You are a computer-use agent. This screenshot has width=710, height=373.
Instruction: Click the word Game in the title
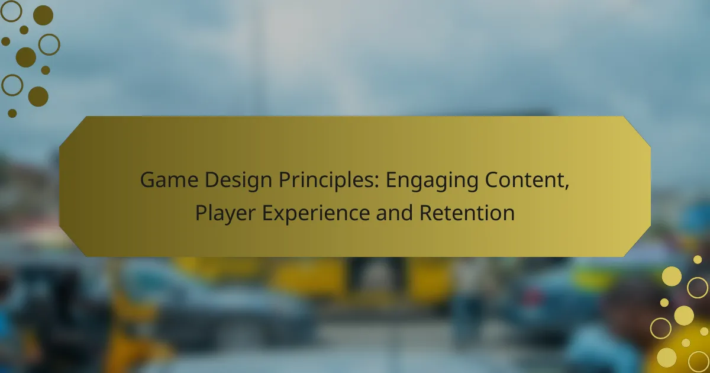[x=169, y=179]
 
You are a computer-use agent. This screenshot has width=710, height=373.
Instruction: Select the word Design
[x=238, y=181]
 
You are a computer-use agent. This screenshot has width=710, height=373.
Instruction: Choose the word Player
[x=225, y=213]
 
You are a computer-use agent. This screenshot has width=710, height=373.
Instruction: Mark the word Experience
[x=316, y=213]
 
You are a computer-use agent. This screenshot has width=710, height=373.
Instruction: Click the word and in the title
[x=394, y=213]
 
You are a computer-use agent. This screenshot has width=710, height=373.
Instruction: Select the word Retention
[x=467, y=213]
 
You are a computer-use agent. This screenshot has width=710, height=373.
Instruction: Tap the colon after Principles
[x=377, y=183]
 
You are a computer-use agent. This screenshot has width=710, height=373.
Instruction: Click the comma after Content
[x=566, y=187]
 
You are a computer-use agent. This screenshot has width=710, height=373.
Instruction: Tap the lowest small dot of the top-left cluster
[x=12, y=113]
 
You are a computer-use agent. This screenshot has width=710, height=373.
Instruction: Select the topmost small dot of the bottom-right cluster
[x=698, y=260]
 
